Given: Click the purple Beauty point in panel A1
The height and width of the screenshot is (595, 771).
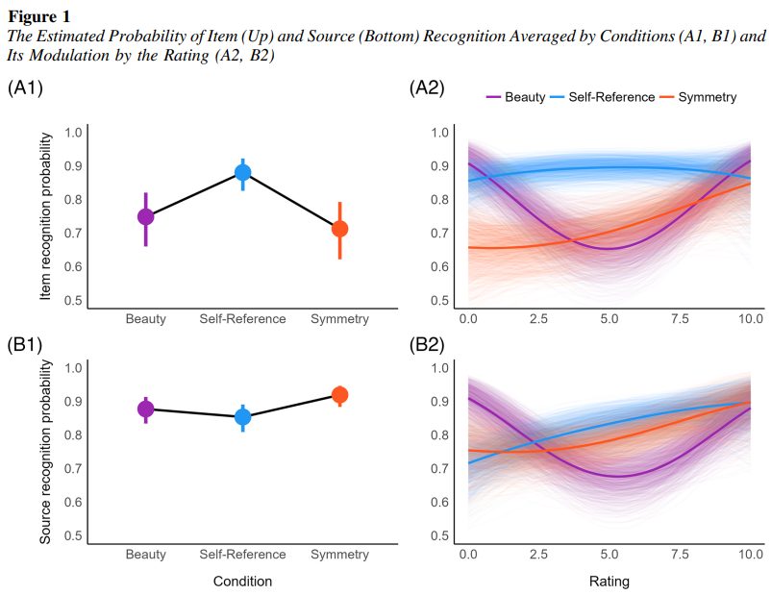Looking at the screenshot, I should (x=145, y=216).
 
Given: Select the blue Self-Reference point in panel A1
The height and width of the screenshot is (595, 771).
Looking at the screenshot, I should (x=243, y=173).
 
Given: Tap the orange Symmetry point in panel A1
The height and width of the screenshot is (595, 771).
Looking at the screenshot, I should (x=339, y=229).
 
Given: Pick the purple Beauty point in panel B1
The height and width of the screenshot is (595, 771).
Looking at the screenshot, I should (x=145, y=409).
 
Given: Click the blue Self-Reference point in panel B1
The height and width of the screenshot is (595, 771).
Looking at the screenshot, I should (x=243, y=416).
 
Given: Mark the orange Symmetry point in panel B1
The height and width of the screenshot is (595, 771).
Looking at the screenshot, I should (x=339, y=395).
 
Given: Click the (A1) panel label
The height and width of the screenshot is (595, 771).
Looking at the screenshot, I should (x=25, y=88).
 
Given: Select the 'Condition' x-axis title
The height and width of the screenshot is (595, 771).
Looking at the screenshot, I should (x=242, y=582).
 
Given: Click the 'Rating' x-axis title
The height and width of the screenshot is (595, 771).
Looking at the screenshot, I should (x=609, y=582).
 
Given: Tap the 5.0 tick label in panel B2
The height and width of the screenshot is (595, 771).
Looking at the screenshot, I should (x=609, y=555).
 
